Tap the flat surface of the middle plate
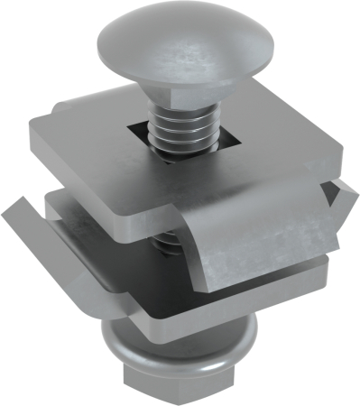pos(108,217)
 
